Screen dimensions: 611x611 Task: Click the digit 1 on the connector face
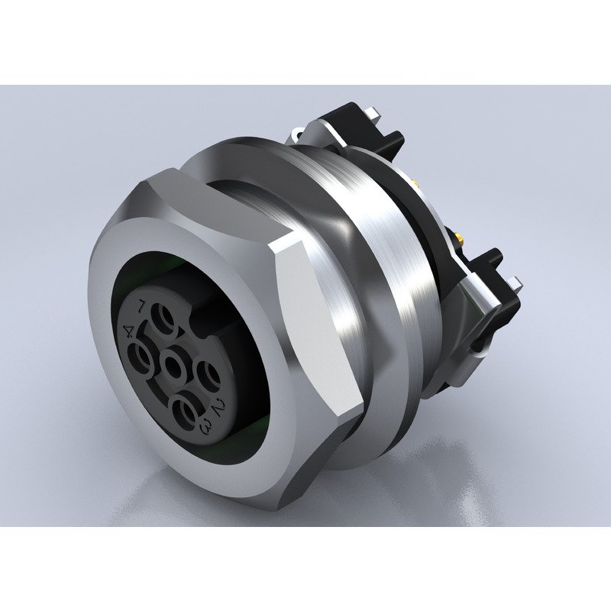coord(142,306)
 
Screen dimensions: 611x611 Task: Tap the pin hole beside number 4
coord(143,355)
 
